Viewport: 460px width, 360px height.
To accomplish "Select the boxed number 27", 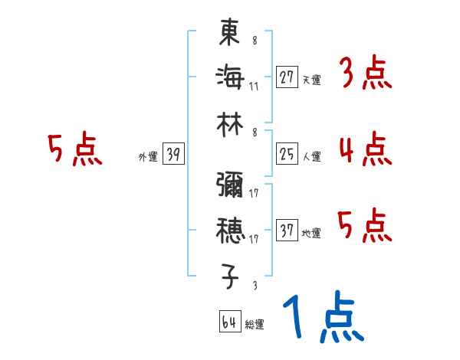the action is point(287,77).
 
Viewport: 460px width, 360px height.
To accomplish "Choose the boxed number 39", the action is point(173,155).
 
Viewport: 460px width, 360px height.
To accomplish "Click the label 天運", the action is point(310,80).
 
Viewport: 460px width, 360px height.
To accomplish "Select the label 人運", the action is point(310,158).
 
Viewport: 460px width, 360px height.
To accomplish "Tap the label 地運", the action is point(310,234).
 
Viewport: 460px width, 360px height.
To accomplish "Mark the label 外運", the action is point(147,158).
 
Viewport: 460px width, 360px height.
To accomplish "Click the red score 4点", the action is point(364,149).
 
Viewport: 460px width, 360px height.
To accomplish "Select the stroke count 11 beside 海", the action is point(254,86).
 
